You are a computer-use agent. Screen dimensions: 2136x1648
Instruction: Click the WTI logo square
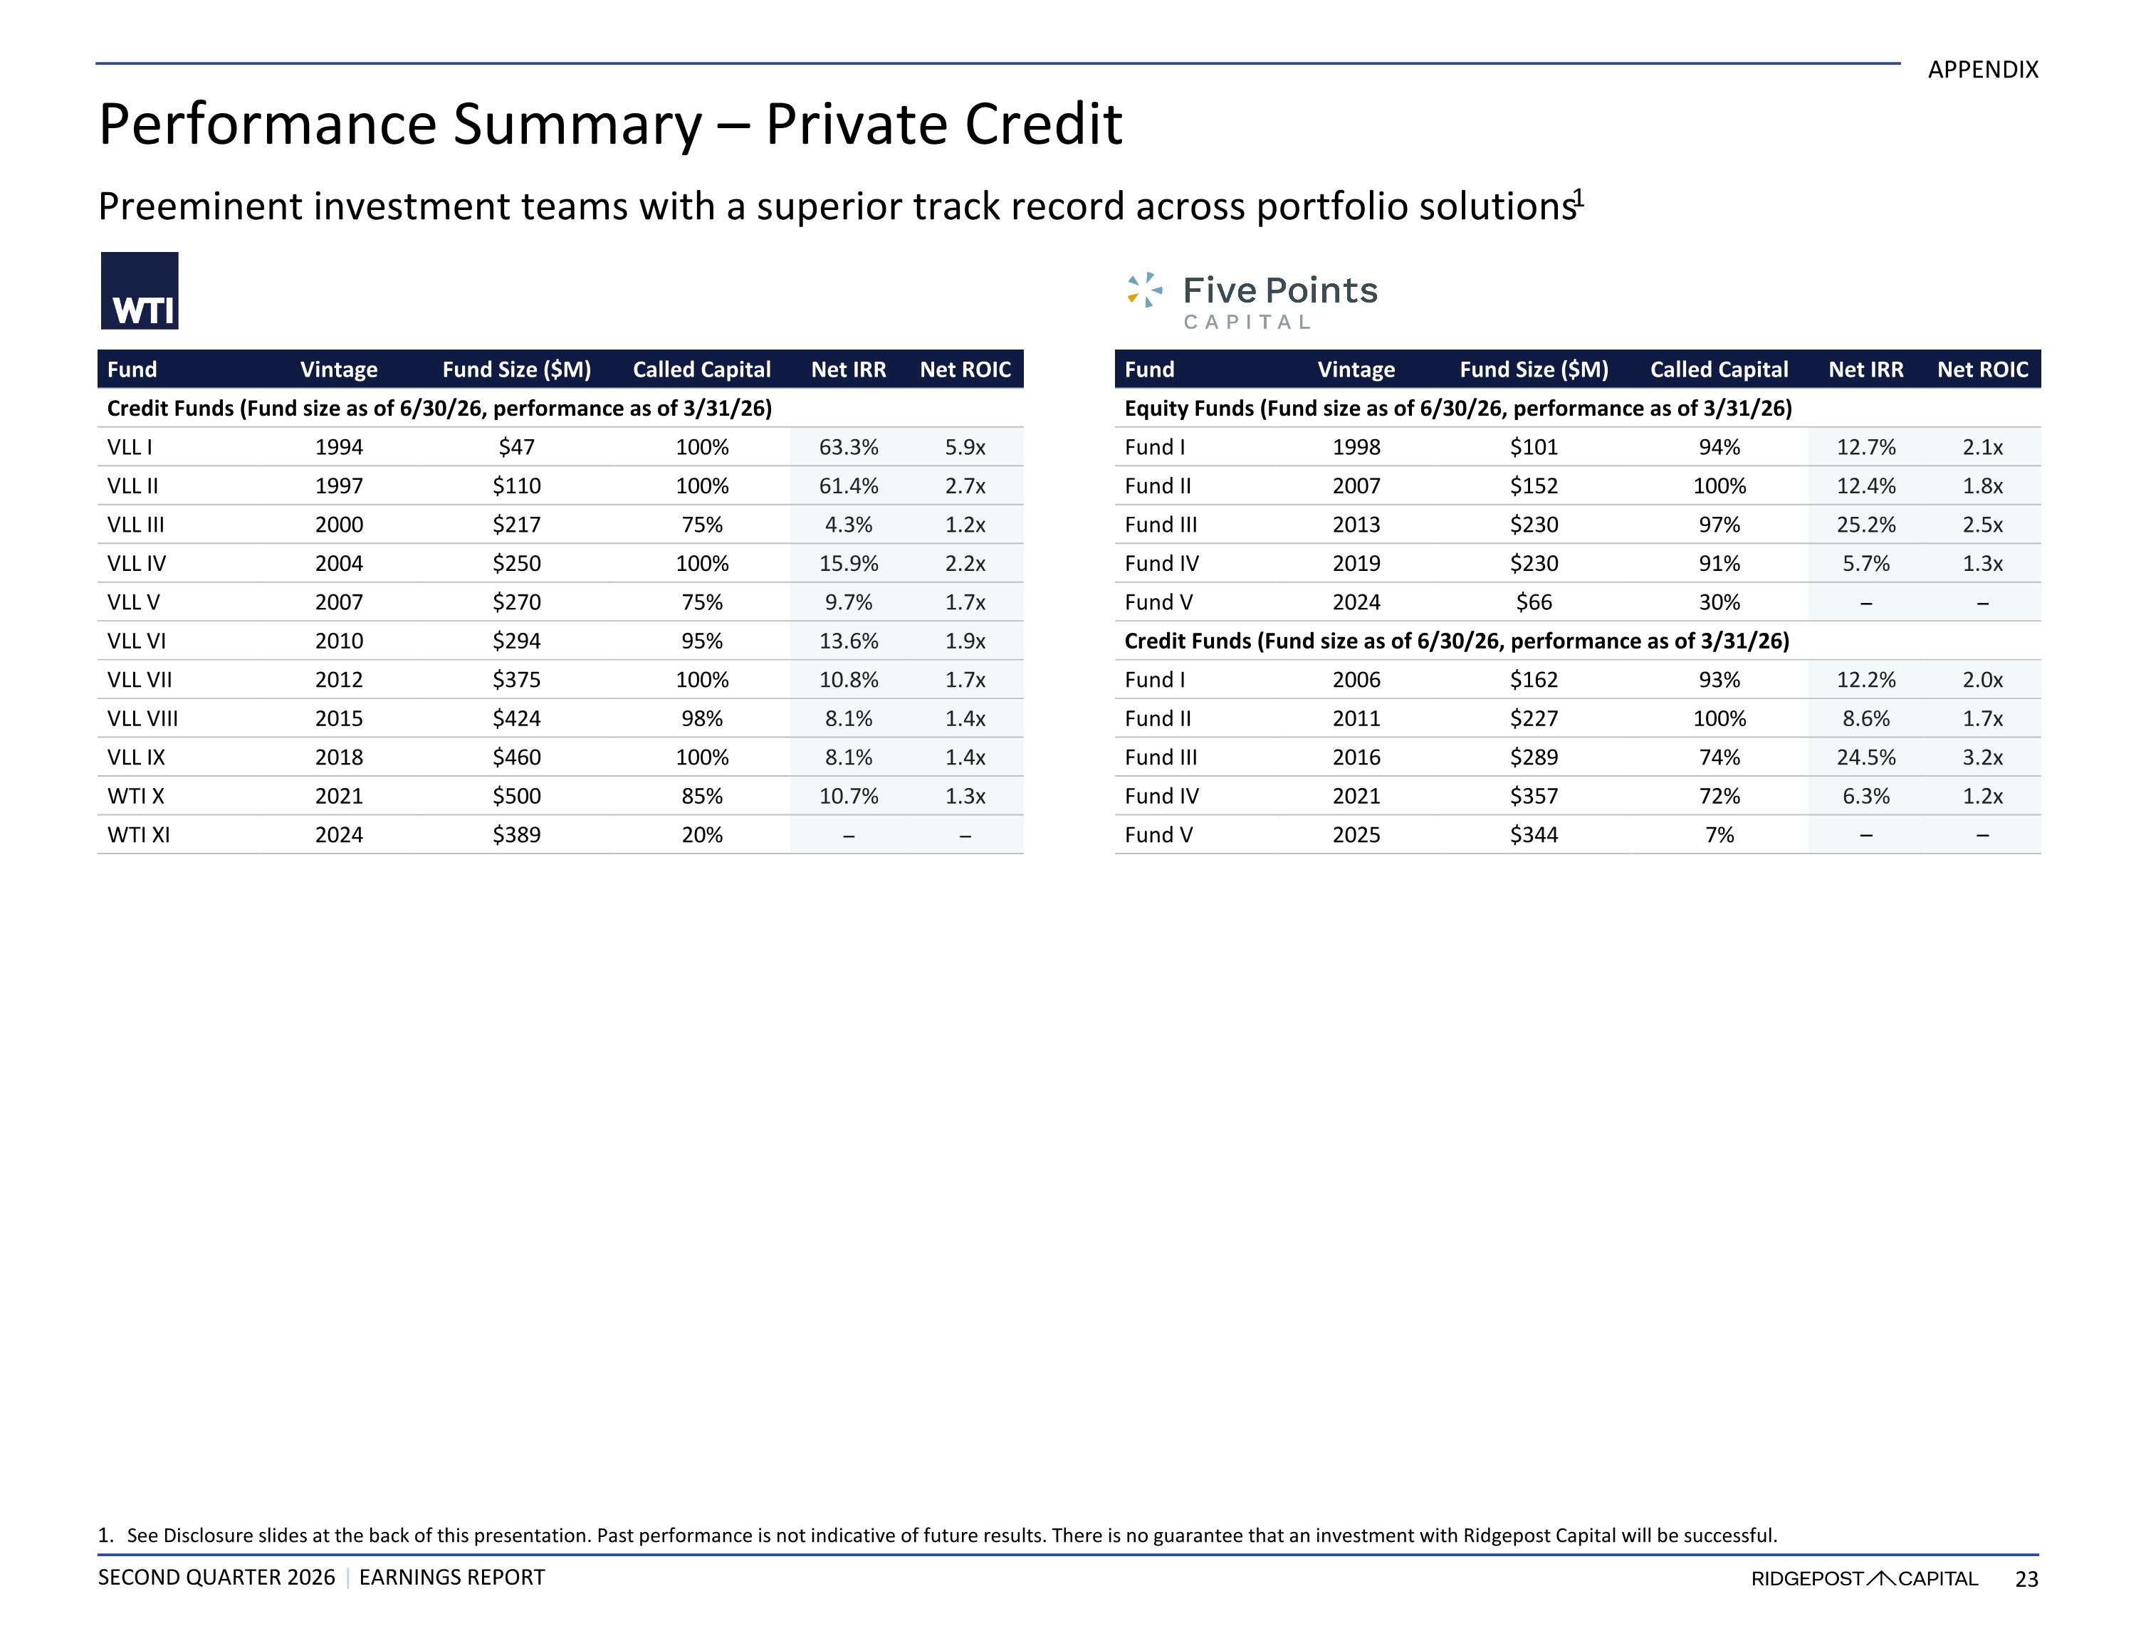click(x=140, y=290)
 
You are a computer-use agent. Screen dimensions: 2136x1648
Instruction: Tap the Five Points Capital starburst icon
click(x=1144, y=290)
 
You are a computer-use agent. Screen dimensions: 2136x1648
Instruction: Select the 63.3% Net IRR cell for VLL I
click(x=848, y=447)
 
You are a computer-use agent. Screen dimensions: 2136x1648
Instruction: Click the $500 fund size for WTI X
click(x=516, y=796)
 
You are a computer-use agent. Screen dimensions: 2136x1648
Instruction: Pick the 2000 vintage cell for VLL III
click(x=338, y=524)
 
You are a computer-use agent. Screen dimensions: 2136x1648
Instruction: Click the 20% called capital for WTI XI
click(x=702, y=835)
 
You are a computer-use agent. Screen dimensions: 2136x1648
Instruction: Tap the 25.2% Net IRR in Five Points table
click(x=1866, y=524)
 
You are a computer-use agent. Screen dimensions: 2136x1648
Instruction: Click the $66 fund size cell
click(x=1534, y=602)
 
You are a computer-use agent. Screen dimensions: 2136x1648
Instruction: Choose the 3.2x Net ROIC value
click(x=1982, y=757)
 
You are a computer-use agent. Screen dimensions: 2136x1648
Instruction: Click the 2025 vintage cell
click(x=1356, y=835)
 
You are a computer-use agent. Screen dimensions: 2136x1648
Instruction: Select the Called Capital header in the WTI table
click(x=701, y=369)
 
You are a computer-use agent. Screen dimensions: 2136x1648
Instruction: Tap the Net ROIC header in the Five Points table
click(x=1982, y=369)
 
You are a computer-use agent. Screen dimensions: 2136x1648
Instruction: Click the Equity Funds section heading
click(x=1458, y=409)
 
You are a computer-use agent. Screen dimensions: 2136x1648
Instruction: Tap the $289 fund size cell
click(x=1534, y=757)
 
